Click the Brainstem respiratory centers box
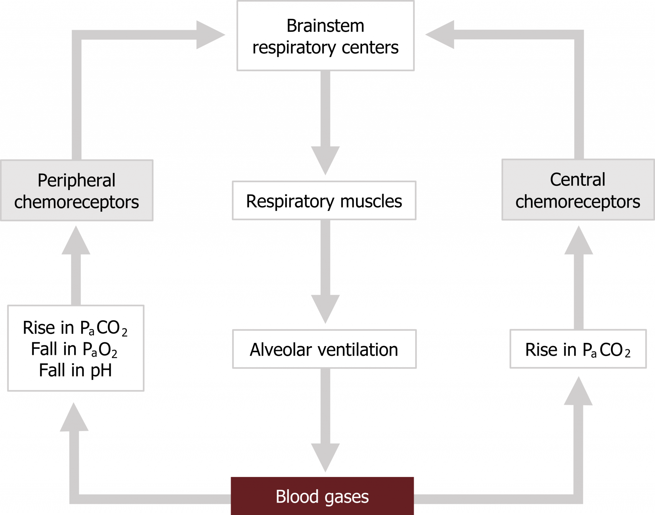coord(325,36)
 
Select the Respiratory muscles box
coord(324,201)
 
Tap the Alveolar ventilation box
coord(324,349)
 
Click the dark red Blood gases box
coord(322,496)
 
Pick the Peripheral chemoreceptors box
coord(77,190)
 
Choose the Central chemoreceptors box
coord(578,190)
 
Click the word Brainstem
coord(325,26)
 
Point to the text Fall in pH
coord(75,370)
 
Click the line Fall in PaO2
coord(74,349)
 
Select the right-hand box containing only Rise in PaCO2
coord(578,349)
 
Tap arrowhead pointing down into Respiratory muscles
coord(325,160)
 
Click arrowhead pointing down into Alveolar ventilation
coord(325,309)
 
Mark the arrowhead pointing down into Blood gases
coord(325,457)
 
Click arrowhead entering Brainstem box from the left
coord(209,35)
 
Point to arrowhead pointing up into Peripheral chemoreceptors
coord(76,241)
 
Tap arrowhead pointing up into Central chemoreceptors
coord(579,241)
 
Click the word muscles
coord(371,201)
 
